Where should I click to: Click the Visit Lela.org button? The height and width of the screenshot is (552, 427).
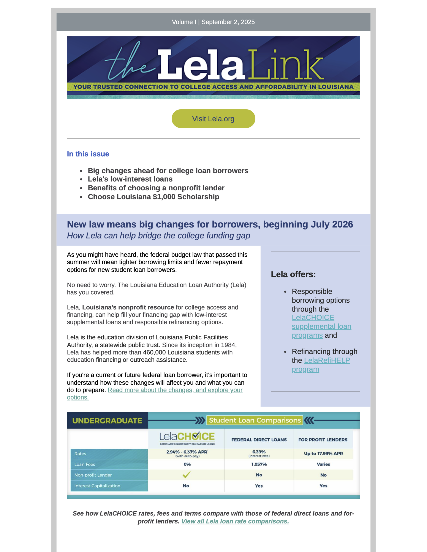(x=213, y=119)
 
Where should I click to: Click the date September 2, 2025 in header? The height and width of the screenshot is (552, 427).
(x=228, y=22)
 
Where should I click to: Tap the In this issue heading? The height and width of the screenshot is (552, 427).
(x=88, y=154)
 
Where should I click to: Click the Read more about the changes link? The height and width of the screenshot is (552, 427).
(x=175, y=390)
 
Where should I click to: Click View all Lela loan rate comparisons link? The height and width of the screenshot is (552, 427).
(x=235, y=521)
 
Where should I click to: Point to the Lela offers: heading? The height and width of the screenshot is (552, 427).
(x=293, y=274)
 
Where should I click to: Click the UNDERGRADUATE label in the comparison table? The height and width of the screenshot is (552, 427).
(x=107, y=420)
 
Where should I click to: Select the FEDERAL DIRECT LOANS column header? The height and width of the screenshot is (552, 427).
(x=259, y=440)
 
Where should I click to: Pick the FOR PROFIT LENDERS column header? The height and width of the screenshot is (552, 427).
(x=323, y=440)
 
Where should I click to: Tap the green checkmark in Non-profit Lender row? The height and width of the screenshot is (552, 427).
(x=186, y=475)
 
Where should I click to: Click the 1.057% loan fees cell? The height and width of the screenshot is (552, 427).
(x=259, y=464)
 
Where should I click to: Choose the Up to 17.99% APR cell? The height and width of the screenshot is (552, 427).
(x=323, y=453)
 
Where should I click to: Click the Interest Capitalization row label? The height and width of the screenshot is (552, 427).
(x=97, y=486)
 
